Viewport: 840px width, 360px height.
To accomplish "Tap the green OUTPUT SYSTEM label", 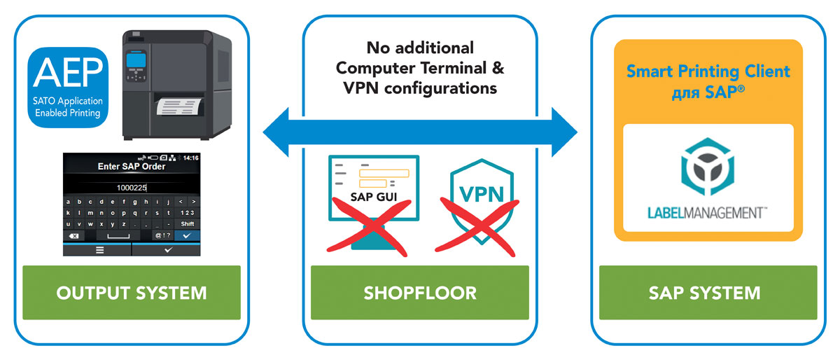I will pos(132,292).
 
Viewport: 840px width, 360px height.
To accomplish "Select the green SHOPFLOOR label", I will pos(420,292).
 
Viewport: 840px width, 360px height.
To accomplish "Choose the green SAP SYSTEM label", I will pos(708,292).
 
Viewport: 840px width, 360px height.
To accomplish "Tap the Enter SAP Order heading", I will pos(132,167).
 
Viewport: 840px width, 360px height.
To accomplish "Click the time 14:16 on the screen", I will pos(190,158).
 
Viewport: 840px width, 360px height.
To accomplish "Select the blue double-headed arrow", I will pos(420,131).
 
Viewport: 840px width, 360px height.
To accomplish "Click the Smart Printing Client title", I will pos(708,71).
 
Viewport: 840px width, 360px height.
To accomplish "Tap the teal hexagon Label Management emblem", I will pos(708,167).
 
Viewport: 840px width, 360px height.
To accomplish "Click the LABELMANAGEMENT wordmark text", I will pos(708,212).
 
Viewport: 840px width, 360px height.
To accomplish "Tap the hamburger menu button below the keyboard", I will pos(99,249).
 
